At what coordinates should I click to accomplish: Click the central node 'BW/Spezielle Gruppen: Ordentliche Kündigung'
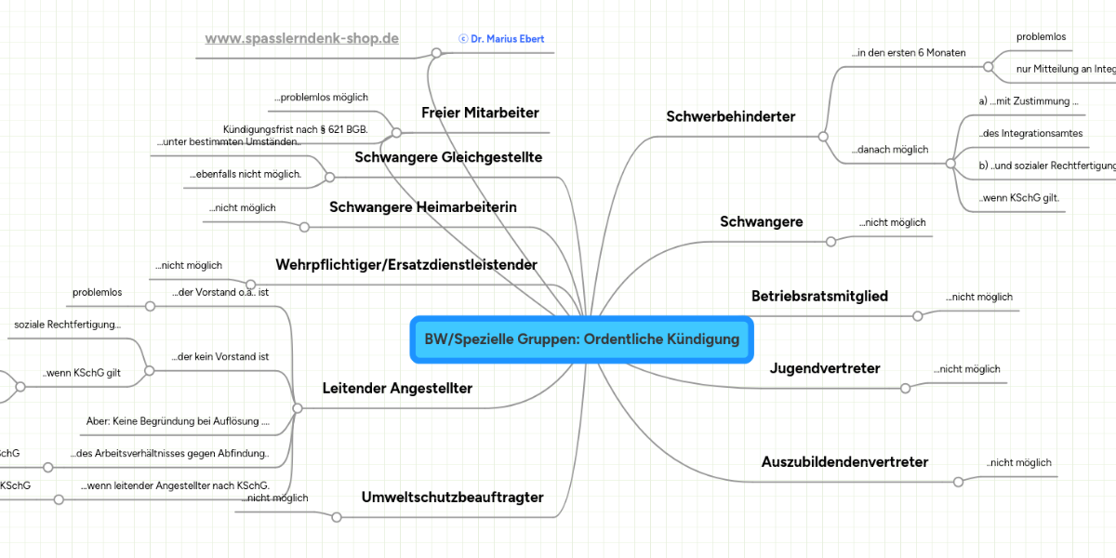coord(581,339)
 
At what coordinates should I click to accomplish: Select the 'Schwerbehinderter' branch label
coord(730,117)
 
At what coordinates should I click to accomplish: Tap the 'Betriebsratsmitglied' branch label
coord(819,297)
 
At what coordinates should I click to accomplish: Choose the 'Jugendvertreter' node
coord(824,369)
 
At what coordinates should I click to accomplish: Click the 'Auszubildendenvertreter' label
coord(844,462)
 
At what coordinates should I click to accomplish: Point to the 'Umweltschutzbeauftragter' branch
coord(452,498)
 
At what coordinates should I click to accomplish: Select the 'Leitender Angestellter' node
coord(397,389)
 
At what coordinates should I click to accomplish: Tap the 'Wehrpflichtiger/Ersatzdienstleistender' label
coord(406,265)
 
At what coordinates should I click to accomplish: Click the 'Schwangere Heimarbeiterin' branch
coord(423,207)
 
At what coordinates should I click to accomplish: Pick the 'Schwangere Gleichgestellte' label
coord(448,158)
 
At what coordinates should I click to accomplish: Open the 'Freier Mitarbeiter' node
coord(480,113)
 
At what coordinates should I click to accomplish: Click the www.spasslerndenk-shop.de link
coord(301,39)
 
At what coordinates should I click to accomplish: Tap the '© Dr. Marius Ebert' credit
coord(501,39)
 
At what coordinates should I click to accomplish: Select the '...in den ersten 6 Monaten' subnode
coord(909,53)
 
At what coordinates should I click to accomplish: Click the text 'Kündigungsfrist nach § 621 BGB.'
coord(296,129)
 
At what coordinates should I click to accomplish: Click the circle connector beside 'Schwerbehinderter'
coord(823,137)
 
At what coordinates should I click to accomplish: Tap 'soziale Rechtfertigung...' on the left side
coord(67,325)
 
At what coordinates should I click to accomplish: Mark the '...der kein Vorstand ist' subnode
coord(220,356)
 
